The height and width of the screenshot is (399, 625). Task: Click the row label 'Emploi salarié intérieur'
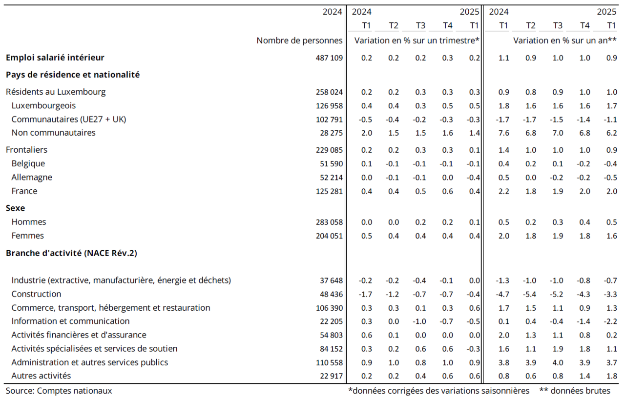(55, 58)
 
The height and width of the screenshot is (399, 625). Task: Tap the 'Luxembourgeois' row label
(43, 105)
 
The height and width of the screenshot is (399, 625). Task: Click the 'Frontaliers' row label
(26, 150)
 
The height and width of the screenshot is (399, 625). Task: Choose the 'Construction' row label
(36, 294)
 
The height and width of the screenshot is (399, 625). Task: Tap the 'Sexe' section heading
(16, 208)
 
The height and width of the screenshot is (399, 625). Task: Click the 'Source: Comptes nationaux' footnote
(59, 391)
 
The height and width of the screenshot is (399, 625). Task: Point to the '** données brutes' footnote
(575, 391)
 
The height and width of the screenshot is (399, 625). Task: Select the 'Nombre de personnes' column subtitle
(299, 40)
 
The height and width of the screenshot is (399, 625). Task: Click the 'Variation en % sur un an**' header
(564, 40)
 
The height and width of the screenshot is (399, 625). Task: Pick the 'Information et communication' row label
(70, 321)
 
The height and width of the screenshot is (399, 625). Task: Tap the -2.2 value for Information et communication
(610, 321)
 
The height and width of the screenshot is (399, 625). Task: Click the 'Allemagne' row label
(32, 178)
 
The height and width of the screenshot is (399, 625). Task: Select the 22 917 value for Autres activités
(331, 376)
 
